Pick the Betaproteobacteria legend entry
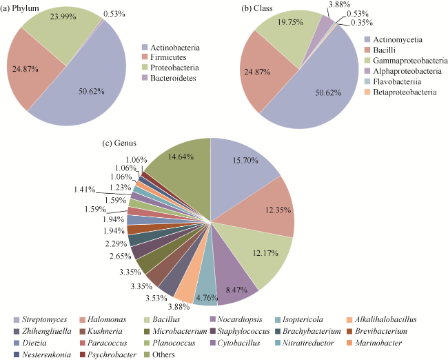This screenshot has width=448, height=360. (x=405, y=92)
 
